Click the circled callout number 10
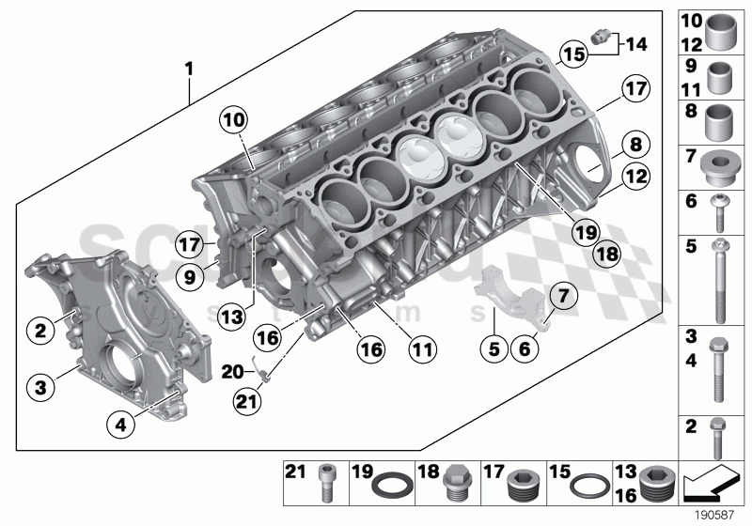[233, 120]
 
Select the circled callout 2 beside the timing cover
[40, 330]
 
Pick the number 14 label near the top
[636, 42]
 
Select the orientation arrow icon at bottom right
[710, 485]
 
